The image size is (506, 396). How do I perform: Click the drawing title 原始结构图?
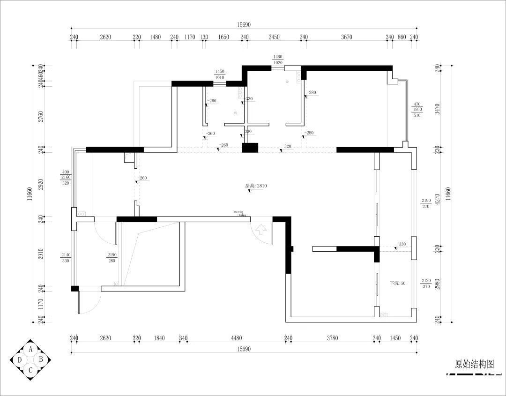coord(474,364)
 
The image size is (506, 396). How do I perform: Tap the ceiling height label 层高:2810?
coord(256,186)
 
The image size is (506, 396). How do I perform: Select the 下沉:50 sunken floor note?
coord(398,284)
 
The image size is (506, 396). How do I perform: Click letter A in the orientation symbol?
coord(31,349)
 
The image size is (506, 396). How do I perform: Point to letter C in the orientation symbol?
coord(31,370)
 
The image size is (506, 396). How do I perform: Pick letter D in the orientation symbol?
coord(20,360)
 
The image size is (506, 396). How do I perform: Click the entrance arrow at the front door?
coord(261,230)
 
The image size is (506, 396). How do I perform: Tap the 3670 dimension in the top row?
coord(346,37)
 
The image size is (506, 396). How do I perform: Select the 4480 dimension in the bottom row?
coord(236,338)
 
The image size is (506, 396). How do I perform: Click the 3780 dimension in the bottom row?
coord(332,338)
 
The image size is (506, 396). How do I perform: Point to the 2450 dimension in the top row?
coord(274,37)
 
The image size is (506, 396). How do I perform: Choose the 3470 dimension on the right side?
coord(437,110)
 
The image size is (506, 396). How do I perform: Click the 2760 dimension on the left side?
coord(41,116)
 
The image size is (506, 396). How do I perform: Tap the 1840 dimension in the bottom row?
coord(160,338)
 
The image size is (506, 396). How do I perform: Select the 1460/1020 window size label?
coord(278,60)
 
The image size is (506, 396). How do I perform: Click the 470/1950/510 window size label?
coord(417,110)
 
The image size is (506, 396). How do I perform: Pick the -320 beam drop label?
coord(287,146)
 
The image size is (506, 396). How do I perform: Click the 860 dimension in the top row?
coord(402,37)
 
